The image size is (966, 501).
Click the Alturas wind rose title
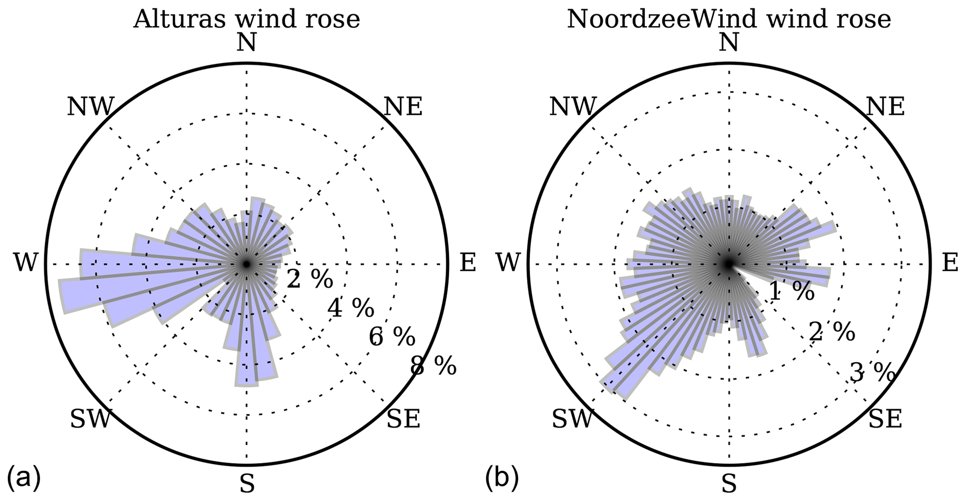(246, 20)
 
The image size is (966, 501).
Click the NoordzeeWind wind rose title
(729, 20)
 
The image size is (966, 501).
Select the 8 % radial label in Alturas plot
(433, 366)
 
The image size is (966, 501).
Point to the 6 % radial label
(392, 336)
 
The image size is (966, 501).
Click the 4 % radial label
(351, 308)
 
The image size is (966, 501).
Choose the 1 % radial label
(791, 292)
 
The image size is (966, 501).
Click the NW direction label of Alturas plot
(90, 107)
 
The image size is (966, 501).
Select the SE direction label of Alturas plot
(403, 419)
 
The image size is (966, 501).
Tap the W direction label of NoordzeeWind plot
(508, 263)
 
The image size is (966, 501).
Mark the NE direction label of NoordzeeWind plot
(885, 107)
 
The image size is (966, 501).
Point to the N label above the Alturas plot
(246, 43)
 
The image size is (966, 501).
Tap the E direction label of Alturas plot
(468, 263)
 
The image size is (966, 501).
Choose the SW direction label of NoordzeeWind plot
(572, 419)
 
